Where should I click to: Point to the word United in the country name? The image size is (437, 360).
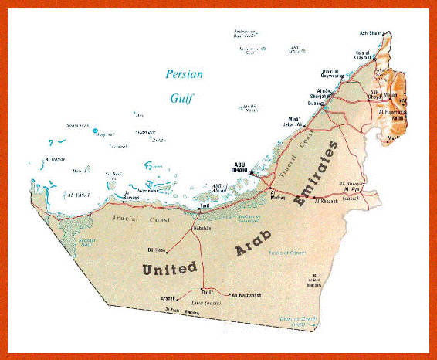168,268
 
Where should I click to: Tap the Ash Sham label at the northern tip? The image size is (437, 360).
370,32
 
